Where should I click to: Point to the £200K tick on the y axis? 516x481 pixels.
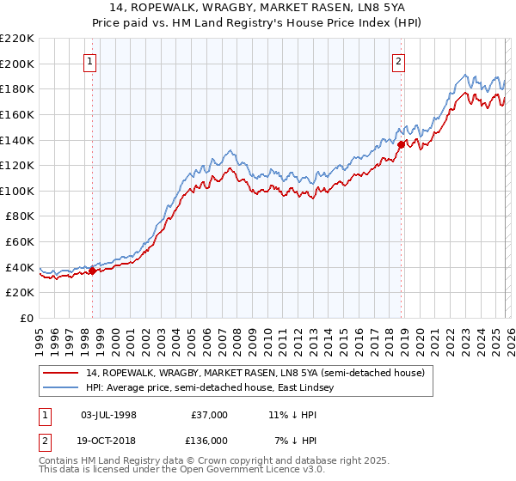[17, 64]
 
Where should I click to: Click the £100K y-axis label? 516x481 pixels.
[17, 191]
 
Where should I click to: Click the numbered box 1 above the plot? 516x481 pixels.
[91, 60]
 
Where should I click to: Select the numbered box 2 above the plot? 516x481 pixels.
[399, 60]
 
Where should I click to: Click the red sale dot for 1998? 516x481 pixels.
[93, 271]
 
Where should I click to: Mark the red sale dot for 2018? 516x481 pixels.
[401, 145]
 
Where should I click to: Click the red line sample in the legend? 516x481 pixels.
[62, 374]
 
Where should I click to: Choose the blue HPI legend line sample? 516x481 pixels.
[62, 388]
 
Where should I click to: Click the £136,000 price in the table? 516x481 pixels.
[209, 440]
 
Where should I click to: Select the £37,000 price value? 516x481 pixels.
[209, 415]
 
